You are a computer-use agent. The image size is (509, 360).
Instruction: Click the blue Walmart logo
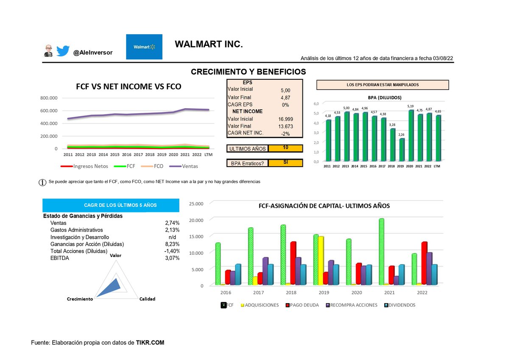[144, 47]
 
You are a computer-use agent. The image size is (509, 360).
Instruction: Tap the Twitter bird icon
[63, 50]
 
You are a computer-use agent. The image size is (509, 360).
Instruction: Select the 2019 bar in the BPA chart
[402, 150]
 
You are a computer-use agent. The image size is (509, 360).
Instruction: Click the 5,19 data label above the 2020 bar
[411, 106]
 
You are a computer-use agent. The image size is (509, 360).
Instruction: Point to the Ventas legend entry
[184, 166]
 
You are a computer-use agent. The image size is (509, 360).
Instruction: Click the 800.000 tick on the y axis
[49, 98]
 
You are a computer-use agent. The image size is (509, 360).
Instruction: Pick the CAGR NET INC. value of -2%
[285, 134]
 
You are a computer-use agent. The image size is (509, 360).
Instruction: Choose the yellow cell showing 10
[285, 148]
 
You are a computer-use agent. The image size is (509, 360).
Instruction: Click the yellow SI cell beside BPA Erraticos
[285, 163]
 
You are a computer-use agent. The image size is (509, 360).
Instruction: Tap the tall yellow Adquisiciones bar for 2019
[321, 261]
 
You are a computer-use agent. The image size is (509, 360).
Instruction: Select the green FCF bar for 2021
[381, 251]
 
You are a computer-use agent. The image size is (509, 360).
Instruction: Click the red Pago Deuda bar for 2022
[424, 263]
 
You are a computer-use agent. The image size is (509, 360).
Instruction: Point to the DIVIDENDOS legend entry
[400, 305]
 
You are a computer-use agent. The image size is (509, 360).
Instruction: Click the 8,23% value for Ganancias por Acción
[172, 244]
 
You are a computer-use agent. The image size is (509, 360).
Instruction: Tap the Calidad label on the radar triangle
[147, 299]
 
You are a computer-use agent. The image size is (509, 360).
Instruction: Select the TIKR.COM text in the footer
[150, 343]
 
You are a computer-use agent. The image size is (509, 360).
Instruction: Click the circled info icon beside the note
[42, 182]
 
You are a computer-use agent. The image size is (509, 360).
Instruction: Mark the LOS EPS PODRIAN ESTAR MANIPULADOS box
[383, 85]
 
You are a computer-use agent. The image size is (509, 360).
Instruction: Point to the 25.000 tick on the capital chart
[196, 204]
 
